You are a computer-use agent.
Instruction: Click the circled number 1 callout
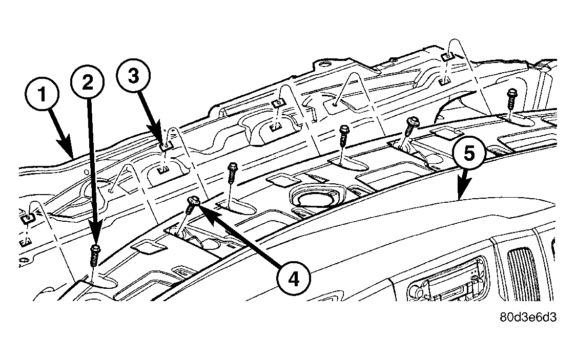[x=43, y=94]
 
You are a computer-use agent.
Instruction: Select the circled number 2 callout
[x=88, y=82]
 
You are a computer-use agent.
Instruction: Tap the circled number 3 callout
[x=133, y=76]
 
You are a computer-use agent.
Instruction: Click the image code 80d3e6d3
[x=528, y=317]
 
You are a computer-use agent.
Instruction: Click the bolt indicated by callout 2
[x=95, y=255]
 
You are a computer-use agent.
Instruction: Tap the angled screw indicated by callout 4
[x=192, y=204]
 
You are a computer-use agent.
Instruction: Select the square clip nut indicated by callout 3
[x=166, y=147]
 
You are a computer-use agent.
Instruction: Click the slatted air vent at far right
[x=523, y=274]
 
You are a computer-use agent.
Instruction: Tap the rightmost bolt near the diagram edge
[x=511, y=98]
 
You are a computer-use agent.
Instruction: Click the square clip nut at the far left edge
[x=28, y=219]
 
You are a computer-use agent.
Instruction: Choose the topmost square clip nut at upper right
[x=447, y=56]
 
